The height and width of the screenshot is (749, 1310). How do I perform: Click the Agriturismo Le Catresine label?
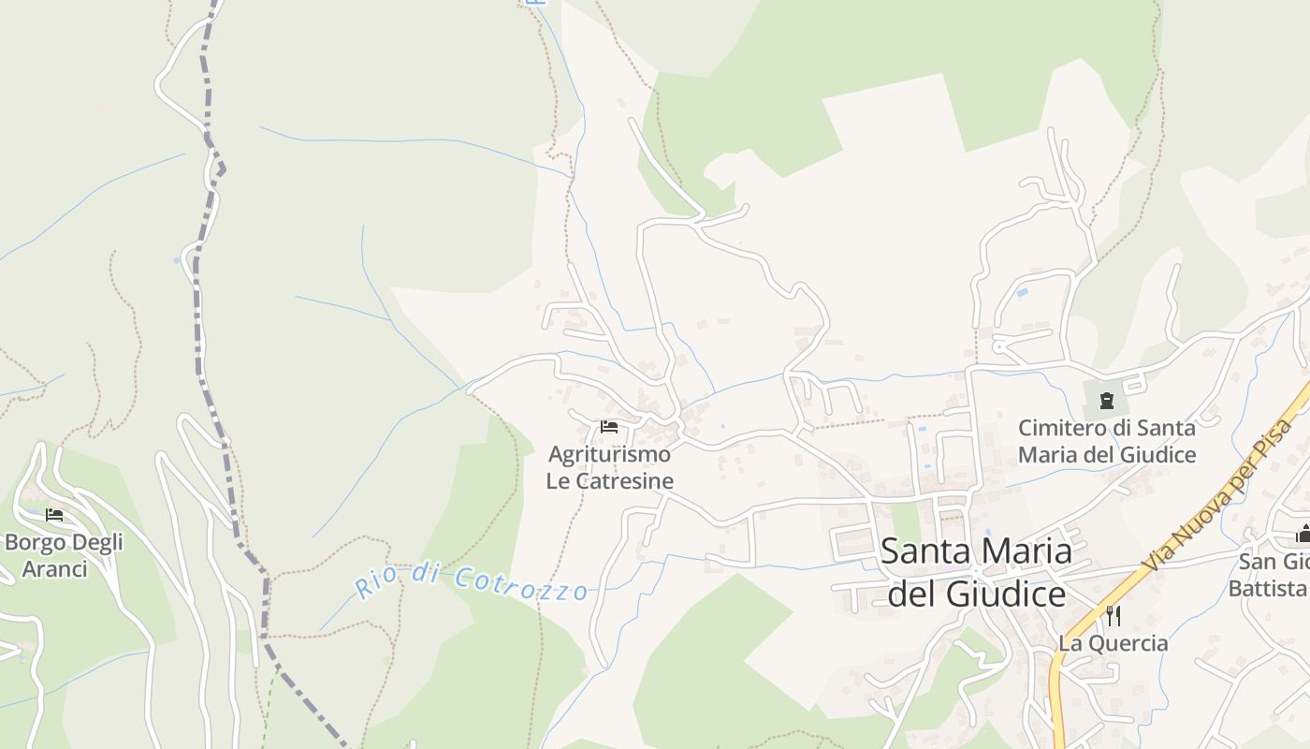[x=610, y=468]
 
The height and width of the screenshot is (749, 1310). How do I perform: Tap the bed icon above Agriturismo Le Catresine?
[x=609, y=427]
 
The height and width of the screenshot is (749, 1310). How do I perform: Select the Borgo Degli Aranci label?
[x=64, y=555]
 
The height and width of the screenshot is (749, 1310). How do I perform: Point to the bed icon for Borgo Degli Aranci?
[x=54, y=515]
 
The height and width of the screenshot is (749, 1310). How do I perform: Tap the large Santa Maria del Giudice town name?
[x=976, y=572]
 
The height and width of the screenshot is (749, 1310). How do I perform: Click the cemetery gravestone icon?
[x=1107, y=401]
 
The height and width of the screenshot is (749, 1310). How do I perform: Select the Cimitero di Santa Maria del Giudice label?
[x=1107, y=441]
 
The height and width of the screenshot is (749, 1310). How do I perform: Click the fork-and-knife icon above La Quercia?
[x=1113, y=616]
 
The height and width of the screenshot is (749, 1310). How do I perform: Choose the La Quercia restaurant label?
[x=1113, y=643]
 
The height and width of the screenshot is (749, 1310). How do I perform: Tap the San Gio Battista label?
[x=1273, y=575]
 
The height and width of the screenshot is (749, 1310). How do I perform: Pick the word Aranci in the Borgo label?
[x=54, y=569]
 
